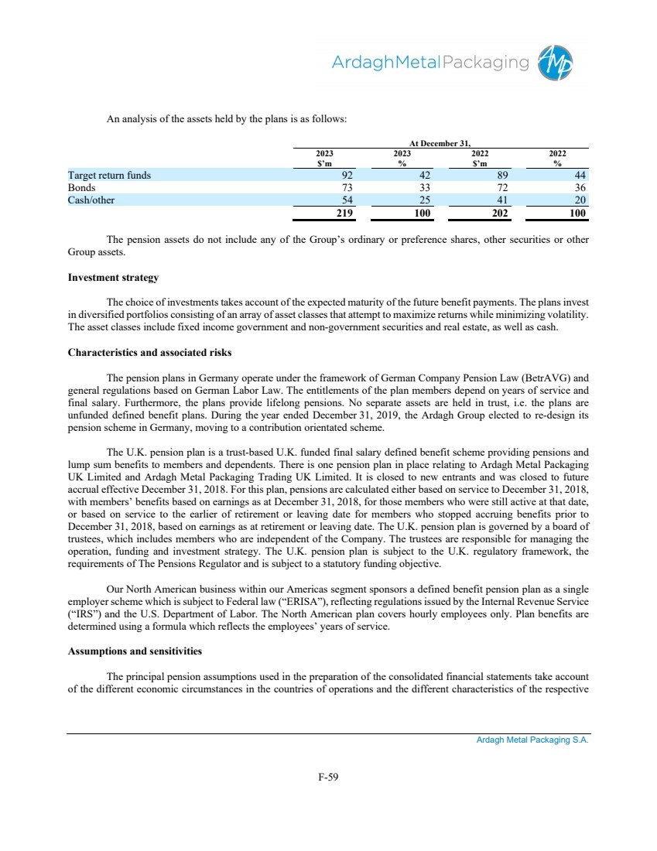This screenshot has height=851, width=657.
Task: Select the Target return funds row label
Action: (109, 175)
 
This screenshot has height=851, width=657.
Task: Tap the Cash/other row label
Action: (90, 200)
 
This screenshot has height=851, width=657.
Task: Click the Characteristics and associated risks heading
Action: (149, 353)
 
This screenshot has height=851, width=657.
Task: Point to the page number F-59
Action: (329, 778)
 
